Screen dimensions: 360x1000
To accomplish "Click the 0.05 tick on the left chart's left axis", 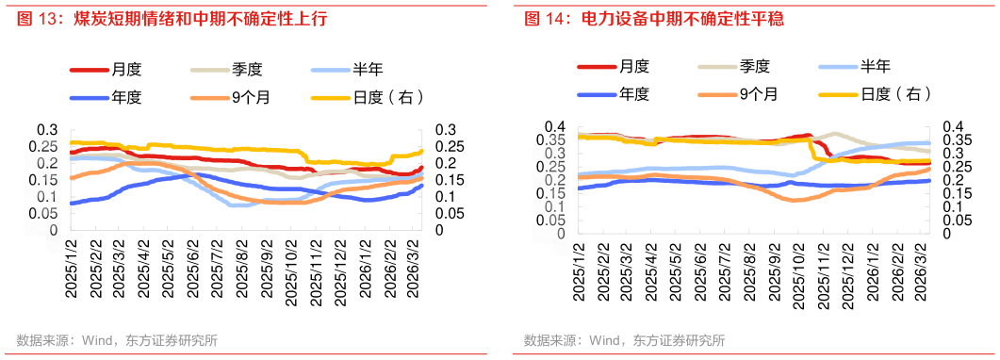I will [x=43, y=213].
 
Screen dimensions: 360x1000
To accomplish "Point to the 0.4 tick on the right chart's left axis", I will [x=554, y=126].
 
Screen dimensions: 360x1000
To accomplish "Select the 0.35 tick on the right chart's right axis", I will [x=956, y=139].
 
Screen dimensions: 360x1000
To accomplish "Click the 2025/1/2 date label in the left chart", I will [x=71, y=269].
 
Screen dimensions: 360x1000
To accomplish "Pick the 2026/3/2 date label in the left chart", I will [x=412, y=269].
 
